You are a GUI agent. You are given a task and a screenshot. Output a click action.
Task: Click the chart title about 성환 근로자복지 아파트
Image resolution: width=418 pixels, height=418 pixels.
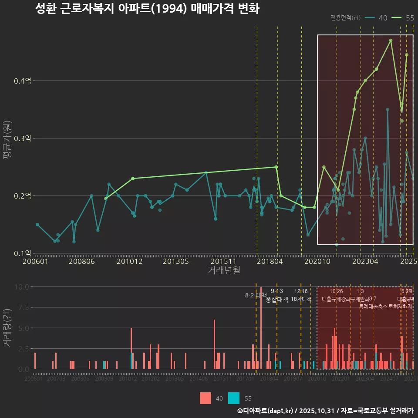[x=147, y=9]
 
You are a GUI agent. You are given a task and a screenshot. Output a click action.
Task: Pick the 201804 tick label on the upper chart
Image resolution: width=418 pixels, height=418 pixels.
[x=270, y=262]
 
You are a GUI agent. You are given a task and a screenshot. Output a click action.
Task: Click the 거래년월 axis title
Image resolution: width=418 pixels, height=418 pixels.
[x=224, y=270]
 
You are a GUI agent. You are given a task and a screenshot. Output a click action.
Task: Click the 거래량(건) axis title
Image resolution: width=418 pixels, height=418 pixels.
[x=7, y=328]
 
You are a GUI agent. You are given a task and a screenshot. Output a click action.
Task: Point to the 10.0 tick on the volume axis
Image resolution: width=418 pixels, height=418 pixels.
[x=22, y=287]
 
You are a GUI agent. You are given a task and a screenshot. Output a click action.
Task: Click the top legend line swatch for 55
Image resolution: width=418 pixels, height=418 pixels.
[x=397, y=18]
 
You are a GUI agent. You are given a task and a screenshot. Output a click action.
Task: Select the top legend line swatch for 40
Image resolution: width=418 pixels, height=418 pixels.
[x=370, y=18]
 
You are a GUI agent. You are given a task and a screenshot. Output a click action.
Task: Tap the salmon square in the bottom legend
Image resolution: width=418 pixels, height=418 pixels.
[x=206, y=398]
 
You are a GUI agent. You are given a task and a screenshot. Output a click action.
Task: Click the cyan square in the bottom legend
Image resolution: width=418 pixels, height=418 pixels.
[x=234, y=398]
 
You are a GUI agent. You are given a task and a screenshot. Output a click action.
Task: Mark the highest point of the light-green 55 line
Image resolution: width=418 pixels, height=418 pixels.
[x=391, y=40]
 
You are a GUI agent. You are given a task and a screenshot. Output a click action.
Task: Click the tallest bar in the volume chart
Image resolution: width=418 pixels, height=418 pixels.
[x=261, y=328]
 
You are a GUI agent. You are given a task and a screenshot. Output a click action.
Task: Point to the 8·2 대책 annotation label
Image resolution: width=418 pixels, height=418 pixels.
[x=256, y=296]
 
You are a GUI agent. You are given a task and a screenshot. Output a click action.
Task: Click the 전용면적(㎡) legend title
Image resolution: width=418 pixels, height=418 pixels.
[x=345, y=18]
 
